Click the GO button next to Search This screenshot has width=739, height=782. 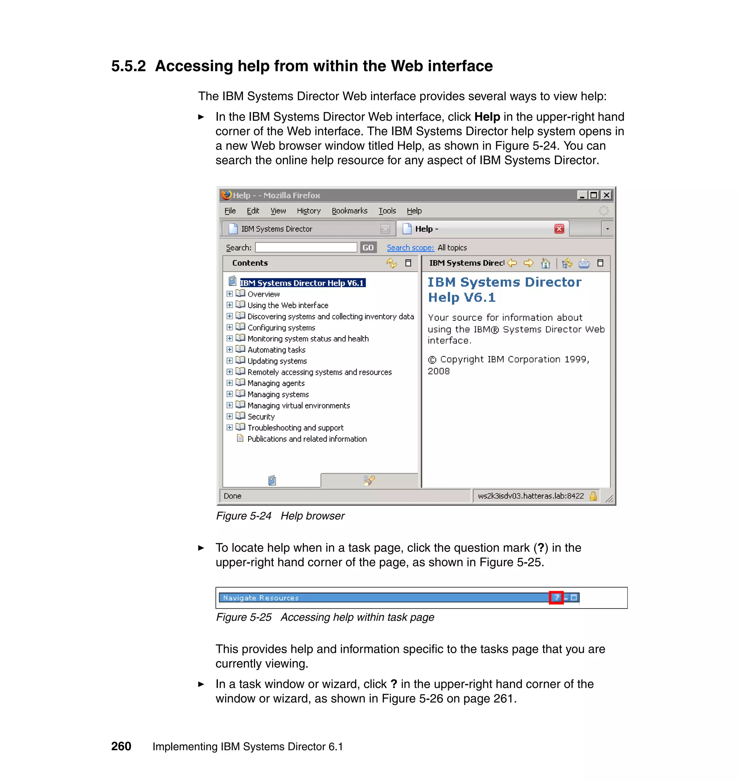(x=368, y=247)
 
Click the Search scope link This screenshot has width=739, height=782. (x=410, y=247)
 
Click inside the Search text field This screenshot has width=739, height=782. (x=306, y=247)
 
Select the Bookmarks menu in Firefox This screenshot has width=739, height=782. (x=349, y=211)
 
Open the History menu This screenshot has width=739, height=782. (x=309, y=211)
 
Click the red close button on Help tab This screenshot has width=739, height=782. (x=559, y=229)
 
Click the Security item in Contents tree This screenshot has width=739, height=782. (x=261, y=417)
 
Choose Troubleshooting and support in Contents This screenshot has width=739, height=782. (x=295, y=428)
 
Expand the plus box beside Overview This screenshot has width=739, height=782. (x=229, y=294)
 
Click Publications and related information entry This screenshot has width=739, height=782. (x=306, y=439)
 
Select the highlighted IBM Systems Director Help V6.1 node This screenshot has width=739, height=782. (x=302, y=283)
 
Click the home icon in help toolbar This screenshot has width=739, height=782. (x=546, y=263)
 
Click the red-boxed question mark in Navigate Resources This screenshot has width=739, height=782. (x=556, y=597)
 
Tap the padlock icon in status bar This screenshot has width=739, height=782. (x=593, y=496)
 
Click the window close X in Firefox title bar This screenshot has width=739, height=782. (x=607, y=195)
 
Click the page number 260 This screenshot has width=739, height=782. (x=121, y=746)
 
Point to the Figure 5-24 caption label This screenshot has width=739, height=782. (x=244, y=516)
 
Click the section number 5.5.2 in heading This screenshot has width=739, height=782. (x=128, y=66)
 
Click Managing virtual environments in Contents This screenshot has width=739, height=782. (x=298, y=405)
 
